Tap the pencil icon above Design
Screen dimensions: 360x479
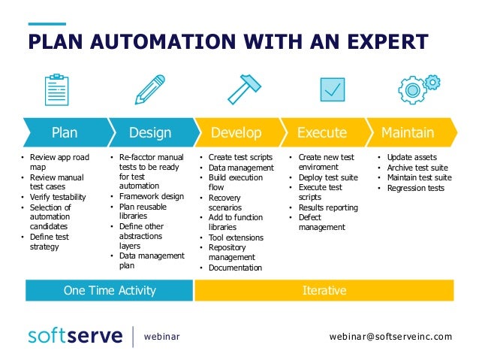[149, 89]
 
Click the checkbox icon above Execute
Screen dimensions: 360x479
[332, 89]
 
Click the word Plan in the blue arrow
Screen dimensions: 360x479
[65, 133]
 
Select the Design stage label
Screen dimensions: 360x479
[150, 133]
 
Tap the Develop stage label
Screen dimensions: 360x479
[236, 133]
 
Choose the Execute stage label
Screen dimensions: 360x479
[322, 133]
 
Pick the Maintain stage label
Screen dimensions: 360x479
[408, 133]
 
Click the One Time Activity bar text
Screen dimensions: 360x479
[110, 290]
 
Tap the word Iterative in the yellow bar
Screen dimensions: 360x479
[324, 290]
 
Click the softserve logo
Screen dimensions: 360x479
[75, 336]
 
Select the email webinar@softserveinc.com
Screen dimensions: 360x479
[391, 337]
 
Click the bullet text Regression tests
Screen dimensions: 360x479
[416, 188]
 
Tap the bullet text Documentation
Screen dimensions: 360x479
[235, 268]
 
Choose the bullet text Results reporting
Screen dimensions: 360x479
[328, 207]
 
